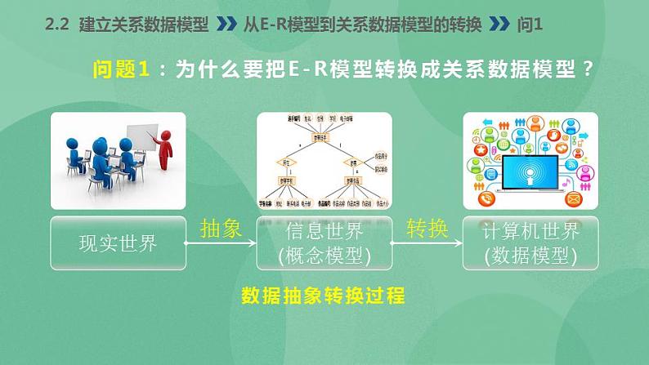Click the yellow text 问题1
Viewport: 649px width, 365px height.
click(120, 70)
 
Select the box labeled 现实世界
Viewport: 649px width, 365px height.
click(118, 243)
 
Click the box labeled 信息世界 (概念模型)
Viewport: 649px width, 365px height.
click(324, 243)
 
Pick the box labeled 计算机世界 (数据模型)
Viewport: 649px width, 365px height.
click(530, 243)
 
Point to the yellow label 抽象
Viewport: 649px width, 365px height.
click(221, 229)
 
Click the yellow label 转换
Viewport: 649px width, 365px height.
click(427, 229)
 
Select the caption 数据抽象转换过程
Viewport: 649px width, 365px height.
click(324, 296)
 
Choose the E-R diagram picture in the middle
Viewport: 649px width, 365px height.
click(324, 160)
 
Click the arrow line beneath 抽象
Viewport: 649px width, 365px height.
click(221, 243)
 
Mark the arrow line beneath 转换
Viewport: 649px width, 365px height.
click(427, 243)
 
